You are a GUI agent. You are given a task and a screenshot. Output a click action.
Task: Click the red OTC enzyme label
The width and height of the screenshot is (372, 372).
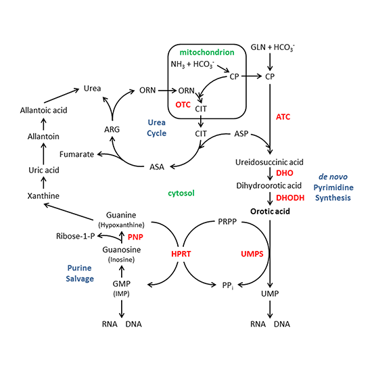[x=183, y=105]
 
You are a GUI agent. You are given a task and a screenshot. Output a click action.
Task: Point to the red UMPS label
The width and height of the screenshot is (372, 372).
[x=248, y=252]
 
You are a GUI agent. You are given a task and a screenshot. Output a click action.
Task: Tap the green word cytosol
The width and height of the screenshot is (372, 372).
[x=181, y=193]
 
